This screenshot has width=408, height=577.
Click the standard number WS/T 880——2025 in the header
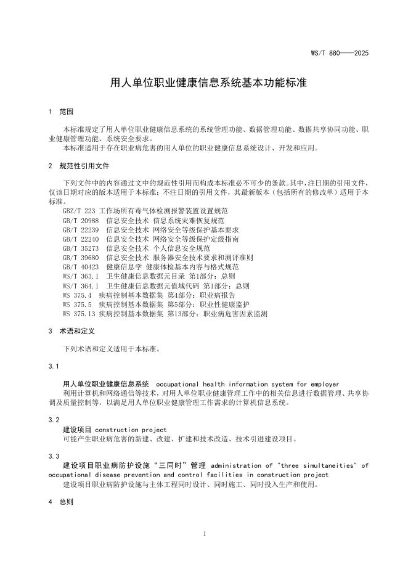[x=339, y=53]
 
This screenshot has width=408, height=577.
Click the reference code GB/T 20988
[x=81, y=219]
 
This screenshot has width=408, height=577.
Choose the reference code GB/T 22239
[x=81, y=229]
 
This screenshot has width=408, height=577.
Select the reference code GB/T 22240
[x=81, y=238]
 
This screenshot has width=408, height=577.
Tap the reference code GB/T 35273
[x=81, y=248]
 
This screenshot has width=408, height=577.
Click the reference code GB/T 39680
[x=81, y=257]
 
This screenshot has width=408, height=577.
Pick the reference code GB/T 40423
[x=81, y=266]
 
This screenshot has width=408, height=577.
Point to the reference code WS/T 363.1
[x=81, y=276]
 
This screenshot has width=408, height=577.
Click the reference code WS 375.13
[x=79, y=314]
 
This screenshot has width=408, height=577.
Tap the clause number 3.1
[x=53, y=367]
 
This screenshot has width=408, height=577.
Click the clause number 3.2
[x=53, y=420]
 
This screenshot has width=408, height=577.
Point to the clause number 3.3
[x=53, y=456]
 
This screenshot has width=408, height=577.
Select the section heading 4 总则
[x=60, y=502]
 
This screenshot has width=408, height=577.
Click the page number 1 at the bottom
[x=204, y=534]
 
